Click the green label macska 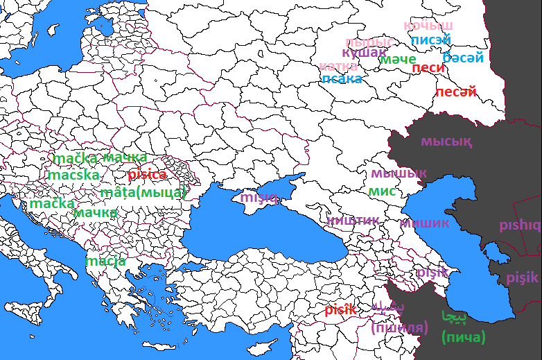tap(73, 175)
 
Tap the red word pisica tap(147, 175)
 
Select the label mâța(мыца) tap(143, 192)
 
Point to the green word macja tap(106, 262)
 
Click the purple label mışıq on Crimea tap(259, 198)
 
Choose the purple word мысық tap(446, 142)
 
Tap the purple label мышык tap(399, 173)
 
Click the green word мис tap(382, 191)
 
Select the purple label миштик tap(353, 221)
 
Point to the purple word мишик tap(424, 223)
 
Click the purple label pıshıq tap(519, 225)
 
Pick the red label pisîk tap(340, 309)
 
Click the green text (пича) tap(463, 338)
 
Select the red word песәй tap(456, 92)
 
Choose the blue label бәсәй tap(462, 57)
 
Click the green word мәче tap(398, 60)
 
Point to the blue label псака tap(342, 79)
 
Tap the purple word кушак tap(364, 53)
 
